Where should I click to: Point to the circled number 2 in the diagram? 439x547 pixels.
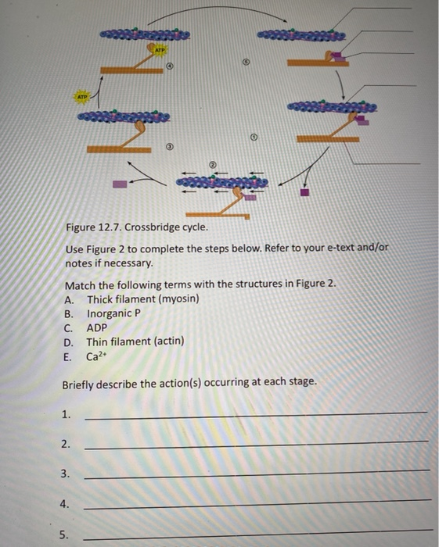(x=211, y=165)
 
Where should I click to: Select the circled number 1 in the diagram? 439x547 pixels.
(x=253, y=138)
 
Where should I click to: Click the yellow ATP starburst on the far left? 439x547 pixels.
(x=82, y=97)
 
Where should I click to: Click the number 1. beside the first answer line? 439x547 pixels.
(x=67, y=415)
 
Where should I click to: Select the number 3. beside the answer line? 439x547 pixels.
(x=67, y=474)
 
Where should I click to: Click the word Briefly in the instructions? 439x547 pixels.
(x=81, y=382)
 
